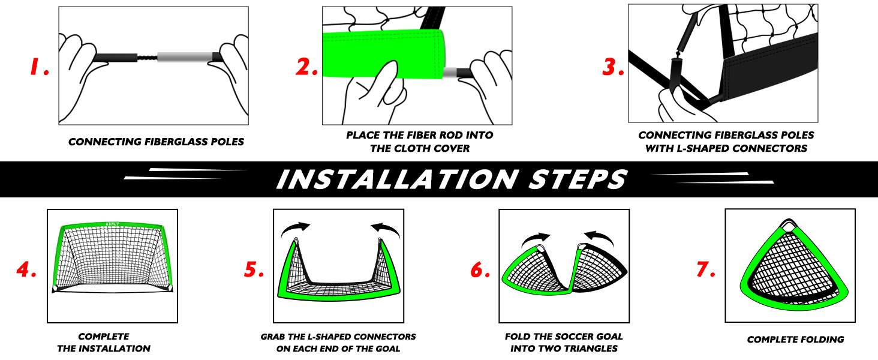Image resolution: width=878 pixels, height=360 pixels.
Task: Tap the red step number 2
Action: point(306,67)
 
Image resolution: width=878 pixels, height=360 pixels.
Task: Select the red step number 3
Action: point(613,67)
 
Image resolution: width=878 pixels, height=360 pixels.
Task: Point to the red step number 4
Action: point(26,269)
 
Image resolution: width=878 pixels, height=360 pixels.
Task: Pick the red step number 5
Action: point(254,269)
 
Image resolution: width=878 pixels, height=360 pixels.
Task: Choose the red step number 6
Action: point(480,269)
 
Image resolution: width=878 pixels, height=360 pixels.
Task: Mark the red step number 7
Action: point(706,269)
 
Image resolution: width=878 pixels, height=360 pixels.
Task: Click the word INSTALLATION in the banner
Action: point(398,179)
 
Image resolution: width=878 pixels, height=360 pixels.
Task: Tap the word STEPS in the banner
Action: point(578,179)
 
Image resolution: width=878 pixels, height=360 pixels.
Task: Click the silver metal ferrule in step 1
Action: point(185,57)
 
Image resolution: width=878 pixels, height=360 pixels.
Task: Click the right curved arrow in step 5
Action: point(385,229)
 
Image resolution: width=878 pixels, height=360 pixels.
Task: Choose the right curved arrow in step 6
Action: point(599,238)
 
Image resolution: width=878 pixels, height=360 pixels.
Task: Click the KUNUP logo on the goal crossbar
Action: point(113,224)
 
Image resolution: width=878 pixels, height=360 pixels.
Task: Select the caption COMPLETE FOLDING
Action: point(795,340)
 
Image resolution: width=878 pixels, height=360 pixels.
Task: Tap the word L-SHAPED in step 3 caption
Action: point(703,149)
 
